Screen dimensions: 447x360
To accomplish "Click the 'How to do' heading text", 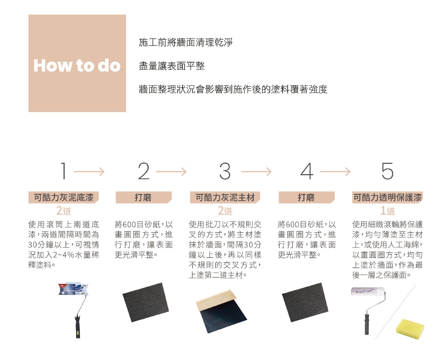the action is tap(77, 65).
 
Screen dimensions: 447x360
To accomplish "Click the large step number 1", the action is tap(63, 171).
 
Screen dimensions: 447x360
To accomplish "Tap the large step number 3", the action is tap(225, 171).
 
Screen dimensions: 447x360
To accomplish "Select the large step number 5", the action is tap(388, 171).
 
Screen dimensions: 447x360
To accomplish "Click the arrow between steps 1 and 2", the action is tap(89, 172).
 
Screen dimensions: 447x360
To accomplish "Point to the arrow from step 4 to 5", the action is tap(335, 172).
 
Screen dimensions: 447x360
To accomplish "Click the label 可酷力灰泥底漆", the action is tap(63, 197).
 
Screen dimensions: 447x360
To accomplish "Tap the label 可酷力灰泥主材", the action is tap(225, 197).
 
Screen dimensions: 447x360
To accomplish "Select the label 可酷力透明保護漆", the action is tap(388, 197).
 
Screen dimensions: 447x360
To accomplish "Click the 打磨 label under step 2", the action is tap(143, 197).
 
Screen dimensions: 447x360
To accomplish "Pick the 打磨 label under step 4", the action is tap(306, 197).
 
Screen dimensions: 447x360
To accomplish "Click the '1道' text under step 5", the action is tap(388, 211).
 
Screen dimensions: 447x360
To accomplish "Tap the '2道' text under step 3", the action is tap(225, 211).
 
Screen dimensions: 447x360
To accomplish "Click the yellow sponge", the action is tap(410, 329).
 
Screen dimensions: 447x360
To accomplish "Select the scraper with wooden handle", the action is tap(221, 311).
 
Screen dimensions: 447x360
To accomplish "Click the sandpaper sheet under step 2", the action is tap(146, 302).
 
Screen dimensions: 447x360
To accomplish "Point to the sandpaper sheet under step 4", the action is tap(305, 302).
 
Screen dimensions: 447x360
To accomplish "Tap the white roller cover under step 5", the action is tap(368, 291).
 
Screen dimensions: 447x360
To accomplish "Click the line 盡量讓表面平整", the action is tap(172, 66).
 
